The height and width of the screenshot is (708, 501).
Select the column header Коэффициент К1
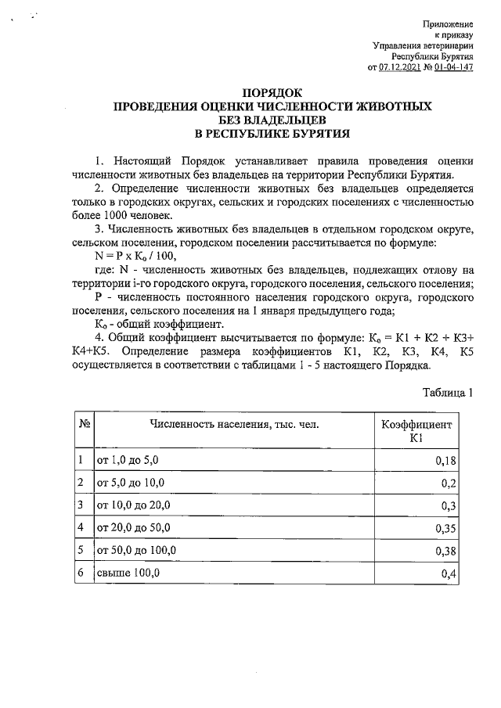tap(416, 430)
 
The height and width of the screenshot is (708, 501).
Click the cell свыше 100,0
tap(128, 574)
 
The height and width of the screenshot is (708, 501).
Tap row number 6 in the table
tap(81, 574)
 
